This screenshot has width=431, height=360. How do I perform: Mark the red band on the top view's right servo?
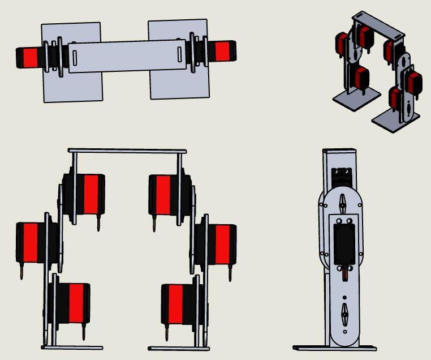click(x=221, y=51)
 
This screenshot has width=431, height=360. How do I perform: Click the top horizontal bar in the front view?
click(x=127, y=151)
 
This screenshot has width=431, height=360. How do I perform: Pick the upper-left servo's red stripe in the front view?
click(x=90, y=194)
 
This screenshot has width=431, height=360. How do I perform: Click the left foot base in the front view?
click(x=72, y=347)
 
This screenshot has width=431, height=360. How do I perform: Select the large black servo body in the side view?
click(x=344, y=243)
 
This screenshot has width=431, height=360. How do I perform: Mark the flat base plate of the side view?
click(x=336, y=346)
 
